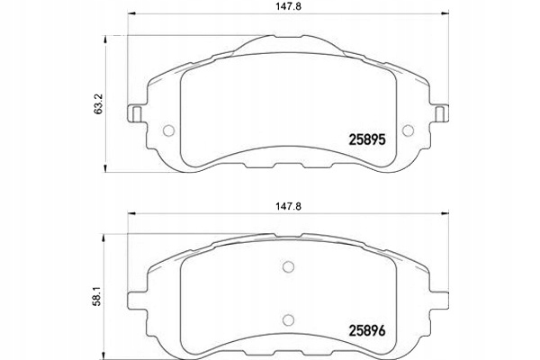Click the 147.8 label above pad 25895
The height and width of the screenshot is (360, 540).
click(x=287, y=8)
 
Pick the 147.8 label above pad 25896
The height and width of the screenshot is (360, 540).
click(x=287, y=205)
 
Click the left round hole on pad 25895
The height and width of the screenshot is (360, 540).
click(x=167, y=130)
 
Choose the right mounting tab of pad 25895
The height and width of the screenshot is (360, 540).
click(x=442, y=115)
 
